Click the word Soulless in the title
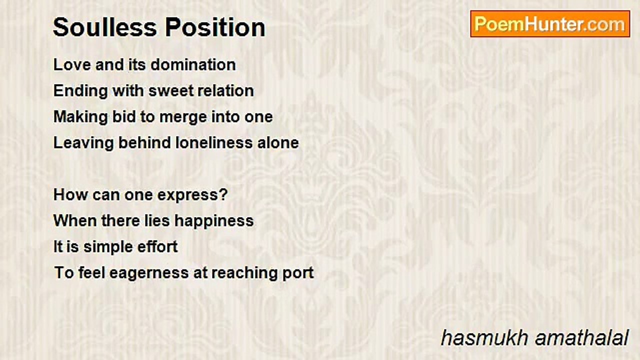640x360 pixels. [105, 27]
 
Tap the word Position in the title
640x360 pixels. [215, 27]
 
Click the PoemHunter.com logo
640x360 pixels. [550, 24]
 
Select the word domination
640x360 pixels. [193, 64]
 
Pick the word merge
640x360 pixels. [183, 117]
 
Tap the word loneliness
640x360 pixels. [214, 143]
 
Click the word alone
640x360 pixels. [278, 143]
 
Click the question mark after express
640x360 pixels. [224, 194]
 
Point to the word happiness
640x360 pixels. [214, 221]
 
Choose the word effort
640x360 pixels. [157, 246]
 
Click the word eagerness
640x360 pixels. [149, 273]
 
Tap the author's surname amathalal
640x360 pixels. [581, 338]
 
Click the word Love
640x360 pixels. [72, 64]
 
